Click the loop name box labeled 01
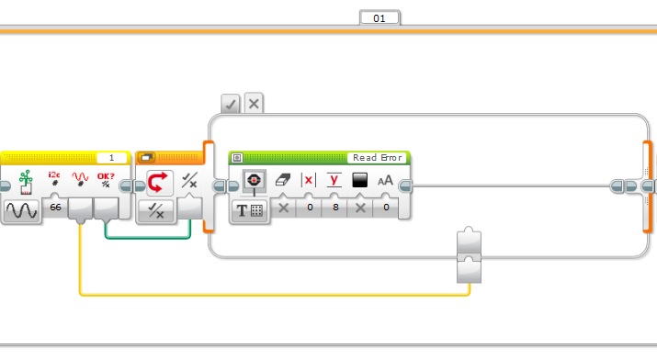379,18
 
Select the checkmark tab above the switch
231,104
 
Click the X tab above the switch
254,104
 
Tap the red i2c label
54,175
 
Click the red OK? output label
106,176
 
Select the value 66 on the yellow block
55,208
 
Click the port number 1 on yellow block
111,158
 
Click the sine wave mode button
22,210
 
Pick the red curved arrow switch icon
159,183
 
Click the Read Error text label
378,158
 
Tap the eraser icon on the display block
283,180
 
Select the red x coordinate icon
309,180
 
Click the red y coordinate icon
334,180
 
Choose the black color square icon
360,180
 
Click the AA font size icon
386,180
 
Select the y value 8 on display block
335,208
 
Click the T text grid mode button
250,210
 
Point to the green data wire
148,238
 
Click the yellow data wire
275,295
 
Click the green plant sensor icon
26,182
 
